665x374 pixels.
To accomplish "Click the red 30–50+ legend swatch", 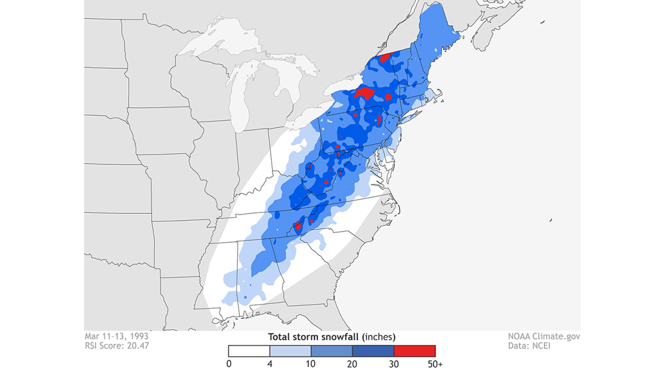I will point(415,351).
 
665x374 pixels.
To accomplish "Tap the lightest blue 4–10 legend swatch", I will point(290,351).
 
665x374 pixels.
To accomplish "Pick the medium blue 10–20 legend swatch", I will point(332,351).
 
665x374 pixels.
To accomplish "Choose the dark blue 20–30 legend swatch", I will point(373,351).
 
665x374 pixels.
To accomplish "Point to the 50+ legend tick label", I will point(435,364).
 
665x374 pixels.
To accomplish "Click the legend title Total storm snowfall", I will point(331,337).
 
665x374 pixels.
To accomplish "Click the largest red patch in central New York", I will point(364,93).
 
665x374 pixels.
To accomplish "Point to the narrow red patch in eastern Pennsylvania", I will point(379,119).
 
